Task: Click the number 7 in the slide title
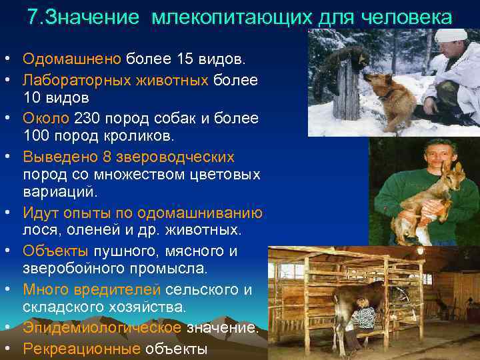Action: point(33,17)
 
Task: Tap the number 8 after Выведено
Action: point(107,157)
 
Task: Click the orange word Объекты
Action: point(55,251)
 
